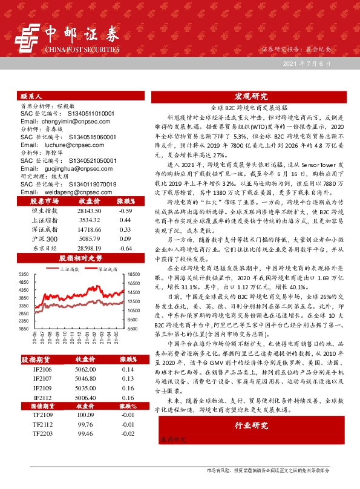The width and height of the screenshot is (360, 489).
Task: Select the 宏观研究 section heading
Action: click(251, 97)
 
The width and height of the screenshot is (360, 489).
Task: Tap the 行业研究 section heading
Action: click(251, 426)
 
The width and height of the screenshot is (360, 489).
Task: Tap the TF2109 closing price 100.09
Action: click(84, 415)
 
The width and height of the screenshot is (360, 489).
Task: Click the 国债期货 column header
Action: click(42, 405)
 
